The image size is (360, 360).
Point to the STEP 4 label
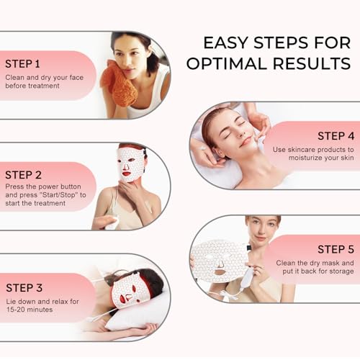click(x=336, y=136)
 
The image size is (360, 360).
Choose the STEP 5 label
click(x=336, y=250)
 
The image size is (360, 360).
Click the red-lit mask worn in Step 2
click(x=130, y=164)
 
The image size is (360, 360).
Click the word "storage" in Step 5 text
click(x=338, y=273)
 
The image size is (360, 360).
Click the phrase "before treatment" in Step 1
click(x=32, y=85)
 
